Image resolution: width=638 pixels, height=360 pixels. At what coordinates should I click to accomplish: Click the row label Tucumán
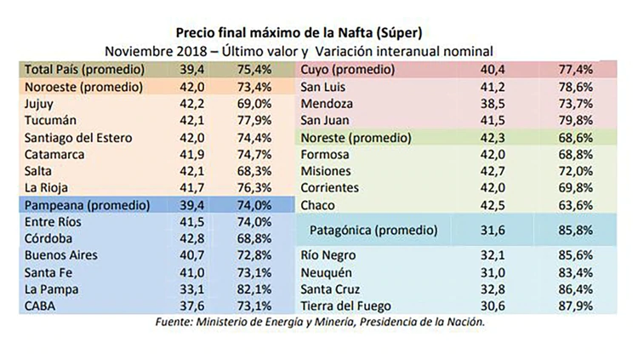(x=50, y=120)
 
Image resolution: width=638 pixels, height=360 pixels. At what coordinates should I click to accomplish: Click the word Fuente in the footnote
(x=179, y=323)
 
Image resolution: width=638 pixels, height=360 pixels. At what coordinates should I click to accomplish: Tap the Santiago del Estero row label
(x=82, y=137)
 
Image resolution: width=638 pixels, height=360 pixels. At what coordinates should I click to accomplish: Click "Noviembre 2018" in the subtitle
(x=157, y=51)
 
